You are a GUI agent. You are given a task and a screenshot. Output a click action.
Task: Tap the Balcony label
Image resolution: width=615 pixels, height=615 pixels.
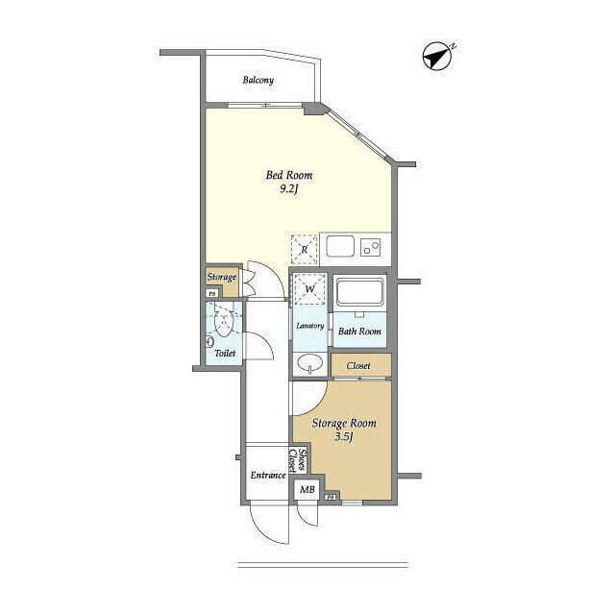pyautogui.click(x=258, y=80)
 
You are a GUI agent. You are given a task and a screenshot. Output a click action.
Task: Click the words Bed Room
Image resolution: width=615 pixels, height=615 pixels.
pyautogui.click(x=289, y=175)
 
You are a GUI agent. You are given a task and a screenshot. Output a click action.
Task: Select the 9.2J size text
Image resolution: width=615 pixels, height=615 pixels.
pyautogui.click(x=289, y=190)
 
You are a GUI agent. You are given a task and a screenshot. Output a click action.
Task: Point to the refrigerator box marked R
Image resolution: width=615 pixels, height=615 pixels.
pyautogui.click(x=305, y=249)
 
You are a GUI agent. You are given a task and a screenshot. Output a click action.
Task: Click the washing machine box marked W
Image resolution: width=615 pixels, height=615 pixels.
pyautogui.click(x=310, y=288)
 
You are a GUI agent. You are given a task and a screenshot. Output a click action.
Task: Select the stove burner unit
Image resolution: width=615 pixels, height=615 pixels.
pyautogui.click(x=371, y=248)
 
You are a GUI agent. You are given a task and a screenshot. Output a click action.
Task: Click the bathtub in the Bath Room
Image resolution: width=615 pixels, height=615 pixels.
pyautogui.click(x=360, y=293)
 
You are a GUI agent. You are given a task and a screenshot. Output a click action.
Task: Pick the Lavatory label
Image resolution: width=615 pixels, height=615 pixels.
pyautogui.click(x=309, y=326)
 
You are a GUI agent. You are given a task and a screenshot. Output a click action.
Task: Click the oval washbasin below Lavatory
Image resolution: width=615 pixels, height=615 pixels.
pyautogui.click(x=309, y=362)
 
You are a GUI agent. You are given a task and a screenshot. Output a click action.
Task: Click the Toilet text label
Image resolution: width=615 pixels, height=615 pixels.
pyautogui.click(x=224, y=354)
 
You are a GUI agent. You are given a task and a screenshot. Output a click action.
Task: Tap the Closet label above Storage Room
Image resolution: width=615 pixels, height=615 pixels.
pyautogui.click(x=359, y=365)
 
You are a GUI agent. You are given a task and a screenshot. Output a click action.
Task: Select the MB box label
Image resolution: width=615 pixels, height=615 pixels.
pyautogui.click(x=307, y=490)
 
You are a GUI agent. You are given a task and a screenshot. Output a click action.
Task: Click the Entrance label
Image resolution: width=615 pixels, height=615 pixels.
pyautogui.click(x=268, y=476)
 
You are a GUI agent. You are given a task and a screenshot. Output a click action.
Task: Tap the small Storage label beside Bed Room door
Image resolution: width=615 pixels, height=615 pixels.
pyautogui.click(x=222, y=277)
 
